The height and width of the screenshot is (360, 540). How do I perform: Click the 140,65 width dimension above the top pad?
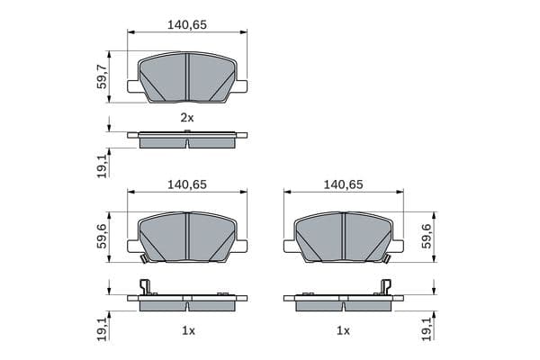[x=187, y=26]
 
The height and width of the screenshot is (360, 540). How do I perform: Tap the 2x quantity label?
[x=187, y=118]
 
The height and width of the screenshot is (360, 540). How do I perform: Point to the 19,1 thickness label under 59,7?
[x=102, y=165]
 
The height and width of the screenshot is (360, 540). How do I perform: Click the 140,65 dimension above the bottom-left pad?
[x=187, y=184]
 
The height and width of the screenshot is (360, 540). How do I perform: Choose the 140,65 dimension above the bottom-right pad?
[x=343, y=184]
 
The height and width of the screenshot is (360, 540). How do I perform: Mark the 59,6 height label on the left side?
[x=102, y=236]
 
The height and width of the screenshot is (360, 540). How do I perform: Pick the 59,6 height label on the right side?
[x=427, y=236]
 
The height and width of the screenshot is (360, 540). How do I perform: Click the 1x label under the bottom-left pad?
[x=187, y=331]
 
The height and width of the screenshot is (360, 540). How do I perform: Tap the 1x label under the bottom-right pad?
[x=343, y=331]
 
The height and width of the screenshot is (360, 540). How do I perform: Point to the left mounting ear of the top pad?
[x=133, y=85]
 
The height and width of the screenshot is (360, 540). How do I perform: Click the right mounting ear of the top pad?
[x=241, y=85]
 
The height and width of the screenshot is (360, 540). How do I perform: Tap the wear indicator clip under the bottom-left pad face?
[x=144, y=258]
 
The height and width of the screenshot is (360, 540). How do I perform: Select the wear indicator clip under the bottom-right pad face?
[x=385, y=259]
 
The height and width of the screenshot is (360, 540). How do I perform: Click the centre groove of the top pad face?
[x=186, y=76]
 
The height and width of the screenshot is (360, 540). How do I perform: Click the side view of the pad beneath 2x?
[x=187, y=139]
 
